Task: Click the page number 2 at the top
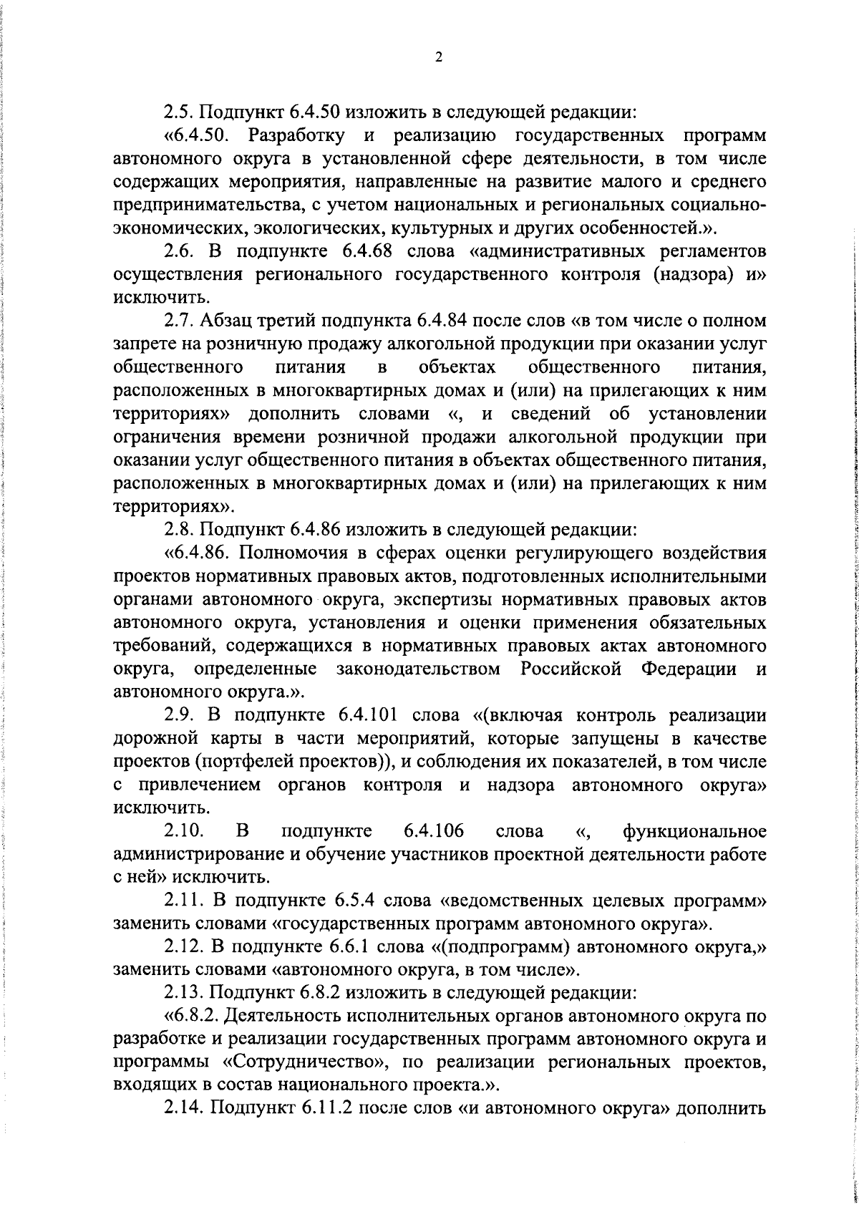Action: click(438, 58)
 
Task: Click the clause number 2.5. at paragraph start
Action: click(178, 112)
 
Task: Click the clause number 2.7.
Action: click(178, 322)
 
